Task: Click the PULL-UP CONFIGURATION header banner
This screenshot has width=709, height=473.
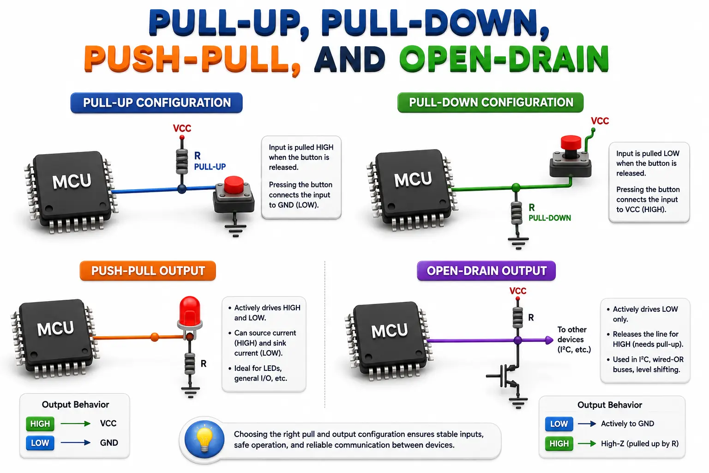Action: tap(156, 103)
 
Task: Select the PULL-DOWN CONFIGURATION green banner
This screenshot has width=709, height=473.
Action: tap(490, 103)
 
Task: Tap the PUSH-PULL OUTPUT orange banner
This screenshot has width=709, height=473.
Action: tap(148, 271)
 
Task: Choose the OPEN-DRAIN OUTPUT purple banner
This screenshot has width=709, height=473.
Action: tap(486, 271)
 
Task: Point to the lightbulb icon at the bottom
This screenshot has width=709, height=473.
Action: tap(204, 439)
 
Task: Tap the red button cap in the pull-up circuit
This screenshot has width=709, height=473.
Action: tap(234, 185)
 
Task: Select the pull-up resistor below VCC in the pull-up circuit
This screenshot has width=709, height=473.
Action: tap(182, 161)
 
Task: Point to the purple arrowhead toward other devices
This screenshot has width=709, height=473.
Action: tap(549, 340)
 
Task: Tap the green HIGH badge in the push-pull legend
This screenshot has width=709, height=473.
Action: tap(40, 424)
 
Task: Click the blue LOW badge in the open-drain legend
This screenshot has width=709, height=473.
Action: tap(559, 424)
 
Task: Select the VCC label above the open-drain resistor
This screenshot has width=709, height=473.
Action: tap(518, 291)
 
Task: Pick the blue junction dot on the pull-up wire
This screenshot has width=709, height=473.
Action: tap(182, 189)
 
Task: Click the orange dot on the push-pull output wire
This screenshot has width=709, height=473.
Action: tap(155, 337)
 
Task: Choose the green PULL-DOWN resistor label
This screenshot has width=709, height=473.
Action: tap(550, 218)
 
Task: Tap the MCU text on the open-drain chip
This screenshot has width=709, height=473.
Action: tap(389, 330)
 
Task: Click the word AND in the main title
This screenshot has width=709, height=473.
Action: tap(350, 59)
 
